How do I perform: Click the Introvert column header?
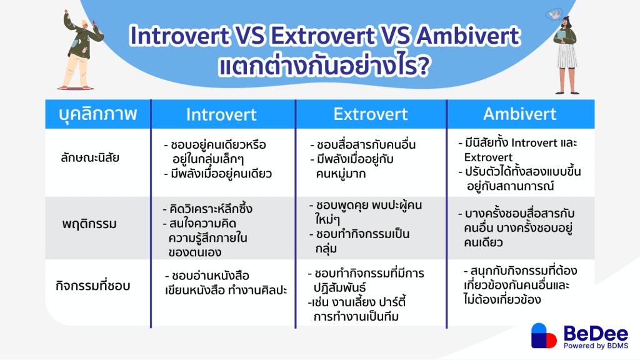pos(221,114)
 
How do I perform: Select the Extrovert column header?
pos(371,114)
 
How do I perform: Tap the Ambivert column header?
pos(521,114)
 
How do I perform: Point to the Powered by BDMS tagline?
pos(596,346)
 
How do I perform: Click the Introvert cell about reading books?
pos(222,282)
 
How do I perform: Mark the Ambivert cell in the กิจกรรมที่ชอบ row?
pos(520,285)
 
